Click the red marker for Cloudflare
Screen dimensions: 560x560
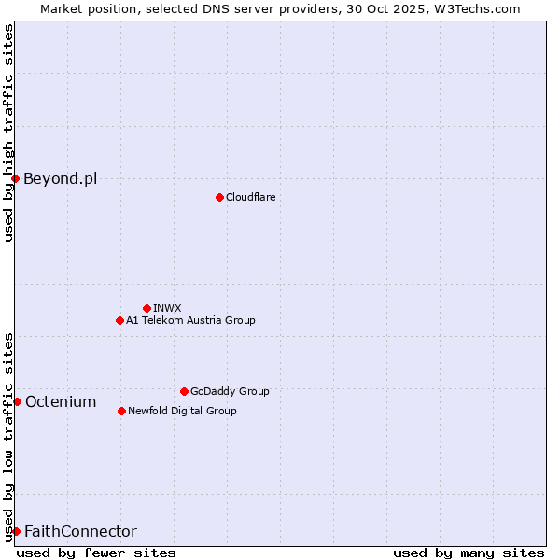(219, 197)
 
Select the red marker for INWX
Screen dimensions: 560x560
(147, 308)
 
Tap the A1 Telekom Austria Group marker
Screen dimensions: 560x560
(119, 320)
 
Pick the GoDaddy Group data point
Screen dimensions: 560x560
(184, 391)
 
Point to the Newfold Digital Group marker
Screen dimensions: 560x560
(121, 411)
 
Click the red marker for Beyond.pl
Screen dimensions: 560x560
(16, 178)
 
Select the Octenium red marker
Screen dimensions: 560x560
(17, 401)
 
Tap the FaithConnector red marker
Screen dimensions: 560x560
(16, 531)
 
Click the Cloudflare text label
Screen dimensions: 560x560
(250, 197)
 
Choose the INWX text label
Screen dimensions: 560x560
(167, 308)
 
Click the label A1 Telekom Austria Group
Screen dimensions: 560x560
(190, 320)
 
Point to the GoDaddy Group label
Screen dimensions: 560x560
(230, 391)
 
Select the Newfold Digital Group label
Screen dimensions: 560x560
(182, 411)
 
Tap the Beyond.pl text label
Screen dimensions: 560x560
(60, 178)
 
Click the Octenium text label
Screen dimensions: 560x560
(61, 401)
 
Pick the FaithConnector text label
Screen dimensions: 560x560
(80, 531)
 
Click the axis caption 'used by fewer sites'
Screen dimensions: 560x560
(96, 553)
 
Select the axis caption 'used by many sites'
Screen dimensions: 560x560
(469, 553)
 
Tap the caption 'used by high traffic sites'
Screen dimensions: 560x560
(8, 133)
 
